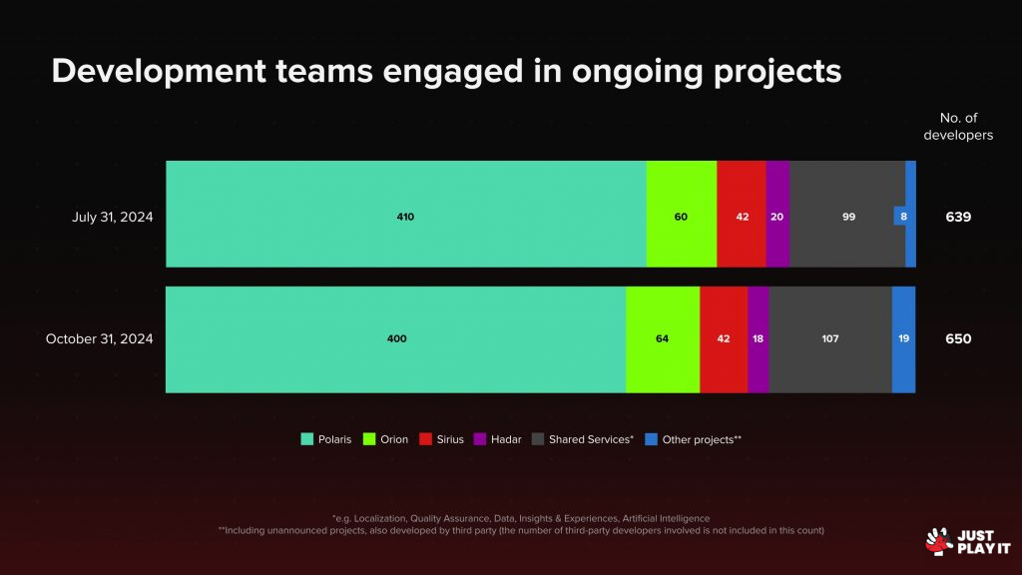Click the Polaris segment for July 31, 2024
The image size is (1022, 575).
coord(405,215)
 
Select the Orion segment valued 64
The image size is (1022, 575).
coord(663,339)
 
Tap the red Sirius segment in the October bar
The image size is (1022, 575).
coord(724,339)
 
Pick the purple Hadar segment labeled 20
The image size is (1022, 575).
coord(777,215)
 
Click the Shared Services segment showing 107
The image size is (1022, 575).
coord(829,339)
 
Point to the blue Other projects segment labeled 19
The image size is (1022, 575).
coord(903,339)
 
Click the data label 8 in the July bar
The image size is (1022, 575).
coord(900,216)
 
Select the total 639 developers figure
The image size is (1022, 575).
coord(958,216)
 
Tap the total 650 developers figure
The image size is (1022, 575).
coord(958,339)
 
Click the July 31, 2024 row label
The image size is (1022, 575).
coord(113,216)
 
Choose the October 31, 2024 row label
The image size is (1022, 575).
coord(99,339)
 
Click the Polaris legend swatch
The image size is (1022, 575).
coord(307,439)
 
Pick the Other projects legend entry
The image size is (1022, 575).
coord(693,439)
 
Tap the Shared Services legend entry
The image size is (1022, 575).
coord(583,439)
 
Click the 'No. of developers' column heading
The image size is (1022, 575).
coord(958,127)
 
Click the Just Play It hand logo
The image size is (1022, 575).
coord(937,540)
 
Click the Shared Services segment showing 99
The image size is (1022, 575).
coord(848,216)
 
